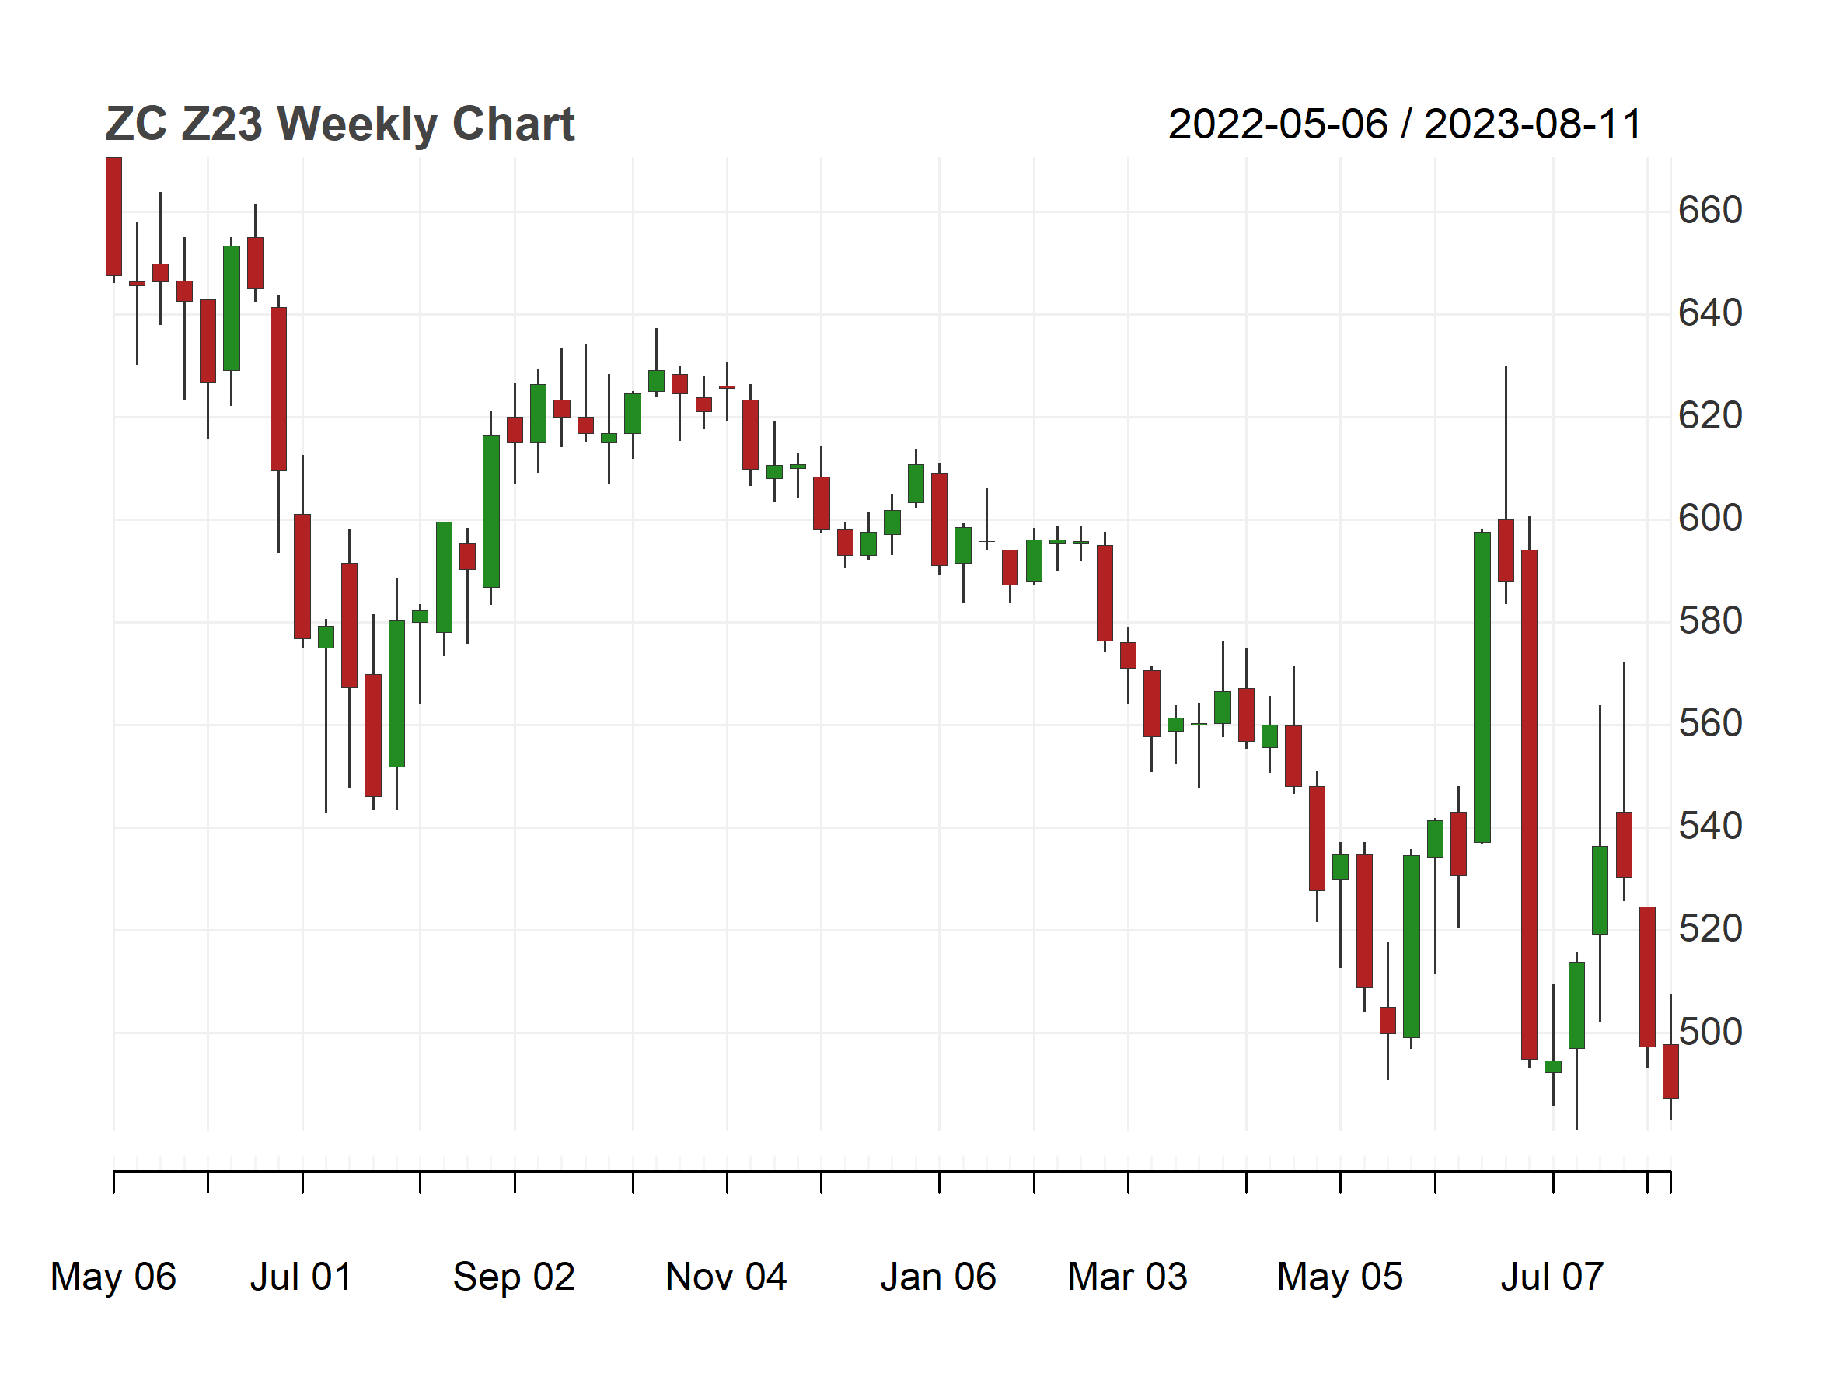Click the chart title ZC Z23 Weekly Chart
tap(340, 124)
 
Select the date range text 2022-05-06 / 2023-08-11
tap(1405, 124)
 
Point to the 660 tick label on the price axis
tap(1710, 210)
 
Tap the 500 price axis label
tap(1710, 1032)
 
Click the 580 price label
tap(1710, 620)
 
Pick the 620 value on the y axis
tap(1710, 416)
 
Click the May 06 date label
tap(113, 1277)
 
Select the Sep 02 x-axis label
tap(514, 1277)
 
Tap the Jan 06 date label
tap(938, 1277)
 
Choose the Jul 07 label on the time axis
tap(1552, 1277)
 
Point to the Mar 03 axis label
tap(1127, 1277)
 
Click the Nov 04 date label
tap(725, 1277)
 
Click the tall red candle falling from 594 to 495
tap(1529, 804)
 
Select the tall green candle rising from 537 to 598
tap(1482, 687)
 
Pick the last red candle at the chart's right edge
tap(1670, 1071)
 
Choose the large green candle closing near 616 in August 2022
tap(490, 512)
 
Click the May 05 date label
tap(1339, 1277)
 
